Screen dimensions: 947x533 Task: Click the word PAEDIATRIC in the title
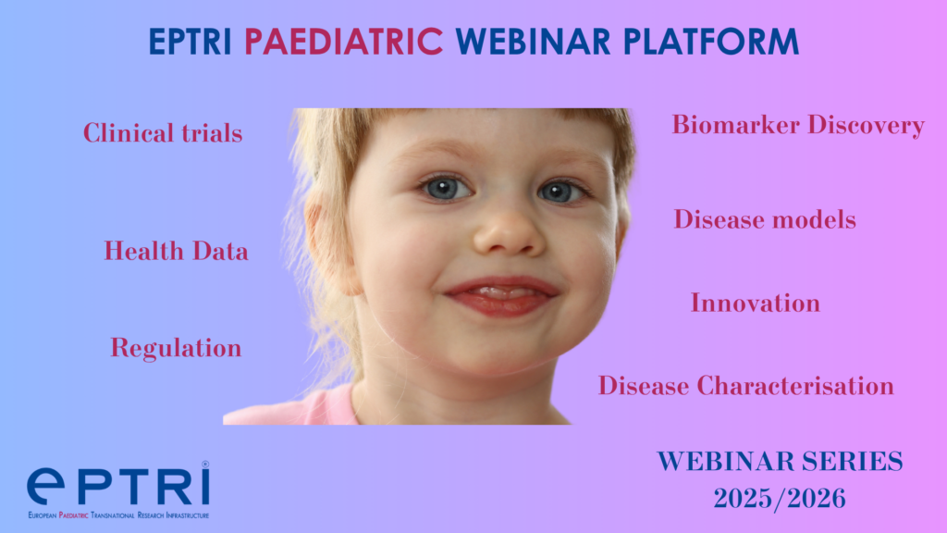point(343,42)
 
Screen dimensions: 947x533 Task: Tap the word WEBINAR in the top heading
point(533,42)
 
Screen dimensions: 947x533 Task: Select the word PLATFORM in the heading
point(711,42)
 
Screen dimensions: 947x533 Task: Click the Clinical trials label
point(163,133)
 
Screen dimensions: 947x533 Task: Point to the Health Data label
point(176,251)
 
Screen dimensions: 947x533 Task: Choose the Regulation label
point(176,349)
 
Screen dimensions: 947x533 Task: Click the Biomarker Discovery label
point(798,125)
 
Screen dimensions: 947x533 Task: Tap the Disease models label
point(765,218)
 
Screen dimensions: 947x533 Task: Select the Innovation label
point(755,303)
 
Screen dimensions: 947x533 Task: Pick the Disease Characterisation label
point(746,386)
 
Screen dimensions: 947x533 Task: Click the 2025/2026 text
point(779,499)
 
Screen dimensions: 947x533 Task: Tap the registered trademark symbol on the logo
point(205,465)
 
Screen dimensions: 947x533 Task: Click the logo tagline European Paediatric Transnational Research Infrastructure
point(118,515)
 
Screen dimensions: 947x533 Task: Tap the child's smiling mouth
point(502,295)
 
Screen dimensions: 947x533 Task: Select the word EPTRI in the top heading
point(191,42)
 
